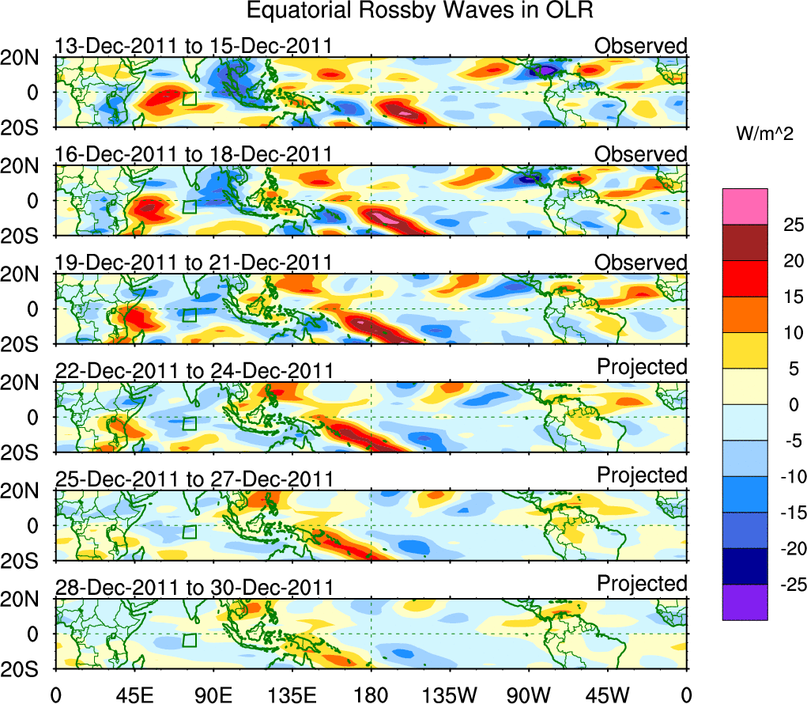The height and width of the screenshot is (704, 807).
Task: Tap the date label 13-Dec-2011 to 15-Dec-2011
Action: (193, 47)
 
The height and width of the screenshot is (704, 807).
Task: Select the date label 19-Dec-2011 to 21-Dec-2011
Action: (193, 263)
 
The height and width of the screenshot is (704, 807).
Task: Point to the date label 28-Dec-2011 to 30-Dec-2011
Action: (193, 587)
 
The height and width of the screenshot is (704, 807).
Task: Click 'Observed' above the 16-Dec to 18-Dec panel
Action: (641, 154)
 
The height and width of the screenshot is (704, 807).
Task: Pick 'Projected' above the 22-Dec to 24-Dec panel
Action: (642, 367)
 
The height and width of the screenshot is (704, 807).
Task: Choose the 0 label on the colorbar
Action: (790, 405)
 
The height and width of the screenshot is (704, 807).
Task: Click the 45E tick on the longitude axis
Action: (133, 695)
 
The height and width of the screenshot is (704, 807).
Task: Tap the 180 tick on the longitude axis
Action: (371, 695)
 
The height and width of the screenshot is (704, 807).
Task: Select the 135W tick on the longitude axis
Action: (449, 695)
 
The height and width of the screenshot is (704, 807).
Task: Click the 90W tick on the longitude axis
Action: (529, 695)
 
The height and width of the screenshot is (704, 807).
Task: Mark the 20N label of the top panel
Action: (26, 58)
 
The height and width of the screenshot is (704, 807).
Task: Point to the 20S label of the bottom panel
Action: (26, 669)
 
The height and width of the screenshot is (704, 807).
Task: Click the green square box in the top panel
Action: (190, 98)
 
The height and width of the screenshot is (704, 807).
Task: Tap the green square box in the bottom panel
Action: (190, 640)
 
